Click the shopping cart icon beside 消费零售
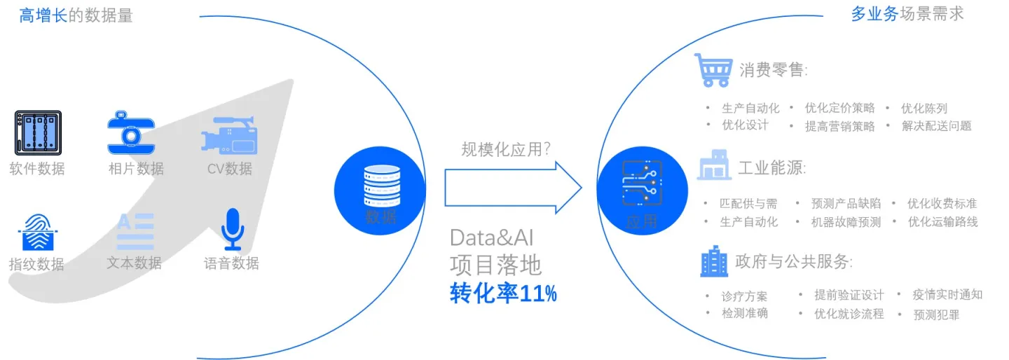[713, 69]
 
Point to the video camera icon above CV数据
[229, 135]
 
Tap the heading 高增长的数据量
[76, 15]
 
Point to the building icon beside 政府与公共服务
[713, 261]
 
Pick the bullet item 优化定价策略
[839, 108]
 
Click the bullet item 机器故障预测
[846, 222]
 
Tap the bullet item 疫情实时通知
[947, 295]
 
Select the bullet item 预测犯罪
[936, 314]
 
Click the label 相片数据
[136, 169]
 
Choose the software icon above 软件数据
[38, 132]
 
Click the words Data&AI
[496, 237]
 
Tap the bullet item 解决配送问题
[936, 126]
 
